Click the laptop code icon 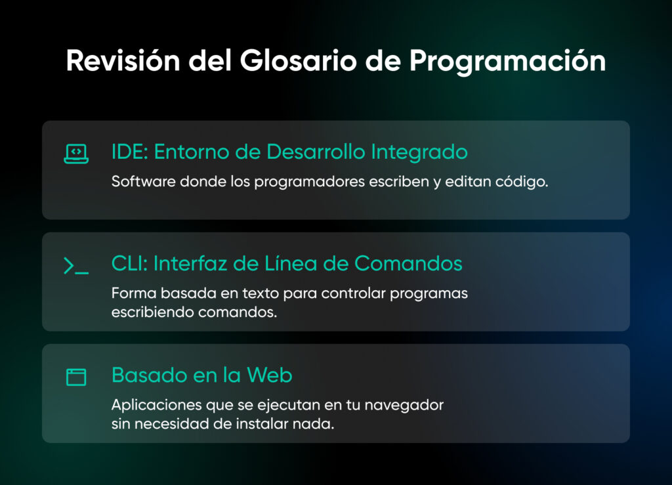(x=76, y=154)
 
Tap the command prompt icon (x=76, y=266)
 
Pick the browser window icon (x=76, y=377)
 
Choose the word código (x=522, y=182)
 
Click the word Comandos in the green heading (x=408, y=264)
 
